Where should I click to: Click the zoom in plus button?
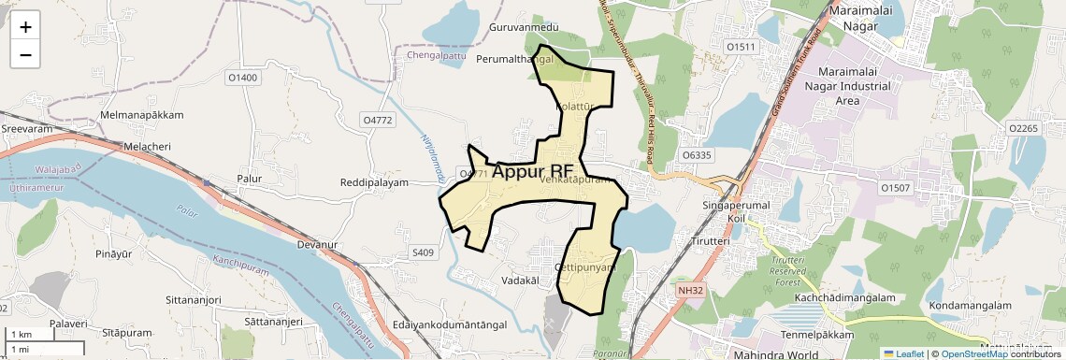point(25,26)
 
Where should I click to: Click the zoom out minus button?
point(25,54)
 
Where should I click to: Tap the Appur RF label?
point(532,172)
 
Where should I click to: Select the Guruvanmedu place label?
point(524,28)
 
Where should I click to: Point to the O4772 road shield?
point(378,121)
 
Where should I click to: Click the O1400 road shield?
point(242,78)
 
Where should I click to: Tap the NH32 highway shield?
point(689,291)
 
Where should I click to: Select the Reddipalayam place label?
point(374,182)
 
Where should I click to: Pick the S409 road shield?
point(424,252)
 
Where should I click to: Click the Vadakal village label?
point(521,281)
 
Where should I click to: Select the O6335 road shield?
point(697,154)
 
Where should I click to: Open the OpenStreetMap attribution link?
point(973,353)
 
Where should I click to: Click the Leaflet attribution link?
point(902,353)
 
